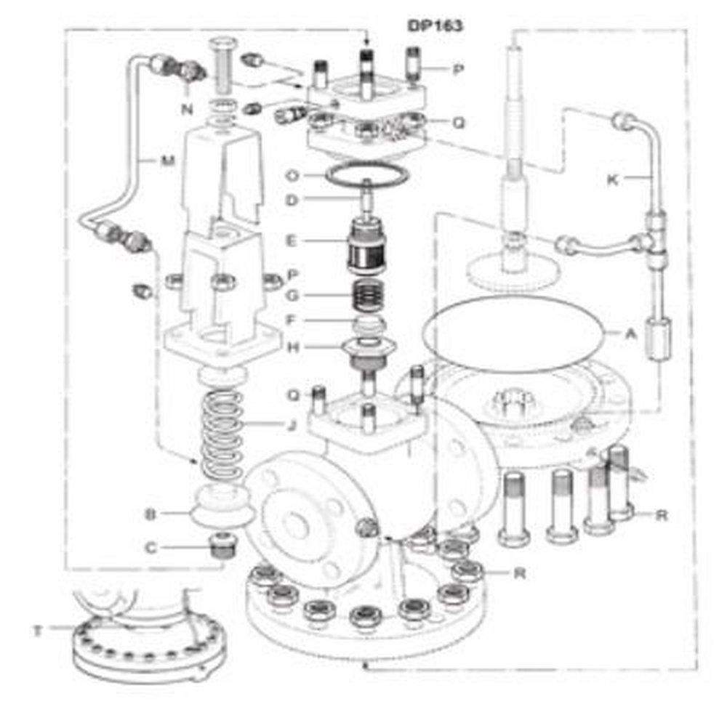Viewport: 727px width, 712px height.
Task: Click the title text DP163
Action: click(434, 25)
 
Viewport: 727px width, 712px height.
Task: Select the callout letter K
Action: click(613, 179)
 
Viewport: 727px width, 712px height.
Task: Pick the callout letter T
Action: click(37, 630)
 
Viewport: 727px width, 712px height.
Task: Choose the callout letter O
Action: click(292, 175)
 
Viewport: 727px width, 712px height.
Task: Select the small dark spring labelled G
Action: click(371, 296)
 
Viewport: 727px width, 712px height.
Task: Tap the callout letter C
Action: click(151, 547)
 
